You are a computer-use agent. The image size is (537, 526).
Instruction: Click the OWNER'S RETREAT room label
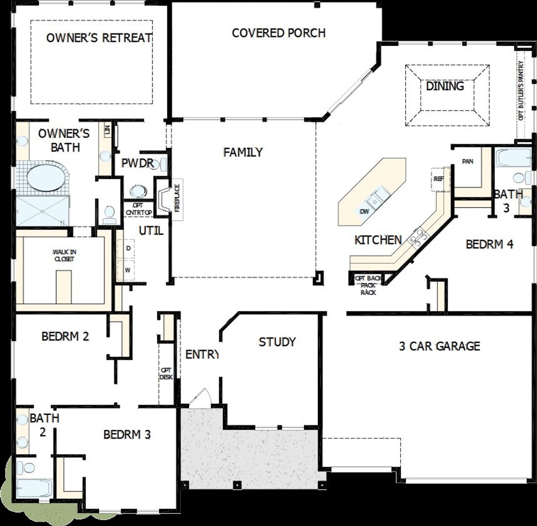pos(99,38)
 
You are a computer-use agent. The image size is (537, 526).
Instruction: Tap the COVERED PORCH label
pos(279,33)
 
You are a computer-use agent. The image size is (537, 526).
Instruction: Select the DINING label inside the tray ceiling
pos(445,86)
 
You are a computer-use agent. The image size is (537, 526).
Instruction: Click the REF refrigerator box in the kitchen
pos(439,179)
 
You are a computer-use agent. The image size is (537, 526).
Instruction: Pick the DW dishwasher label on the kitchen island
pos(365,211)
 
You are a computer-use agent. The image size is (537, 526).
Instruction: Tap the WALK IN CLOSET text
pos(64,255)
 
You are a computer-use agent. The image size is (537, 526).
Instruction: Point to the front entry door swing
pos(200,398)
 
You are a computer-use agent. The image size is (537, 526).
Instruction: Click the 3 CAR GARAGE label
pos(439,346)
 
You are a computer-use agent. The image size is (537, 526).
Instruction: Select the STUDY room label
pos(277,342)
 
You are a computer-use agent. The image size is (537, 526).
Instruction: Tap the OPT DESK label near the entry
pos(166,374)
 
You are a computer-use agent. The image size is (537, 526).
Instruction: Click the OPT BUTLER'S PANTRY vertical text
pos(521,91)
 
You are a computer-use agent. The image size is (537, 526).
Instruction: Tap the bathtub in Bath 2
pos(34,488)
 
